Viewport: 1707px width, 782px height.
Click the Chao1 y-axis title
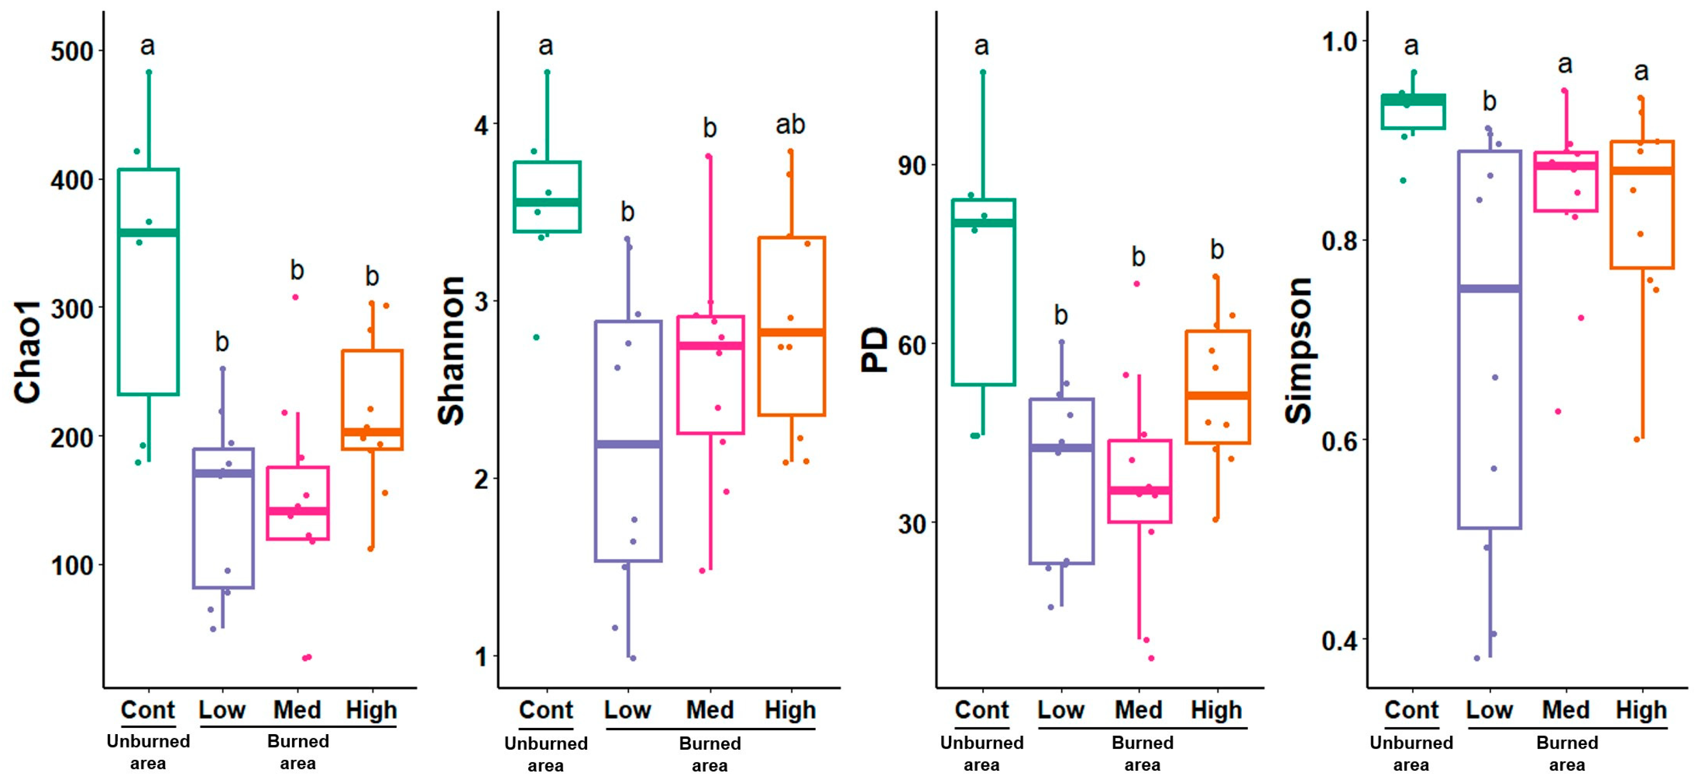point(28,351)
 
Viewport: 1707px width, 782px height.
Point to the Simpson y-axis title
point(1299,351)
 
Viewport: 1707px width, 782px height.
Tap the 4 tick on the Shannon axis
point(481,125)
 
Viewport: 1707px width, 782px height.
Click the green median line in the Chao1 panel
point(148,233)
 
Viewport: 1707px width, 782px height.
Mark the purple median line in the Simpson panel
point(1489,289)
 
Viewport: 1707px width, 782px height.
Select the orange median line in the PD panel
point(1217,396)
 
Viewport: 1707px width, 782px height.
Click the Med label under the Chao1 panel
point(297,710)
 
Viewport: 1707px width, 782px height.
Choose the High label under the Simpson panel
point(1641,710)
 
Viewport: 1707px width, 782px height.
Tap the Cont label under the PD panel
point(981,710)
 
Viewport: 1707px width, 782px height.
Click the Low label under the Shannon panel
point(627,710)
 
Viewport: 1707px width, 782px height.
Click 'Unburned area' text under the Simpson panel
point(1411,753)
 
